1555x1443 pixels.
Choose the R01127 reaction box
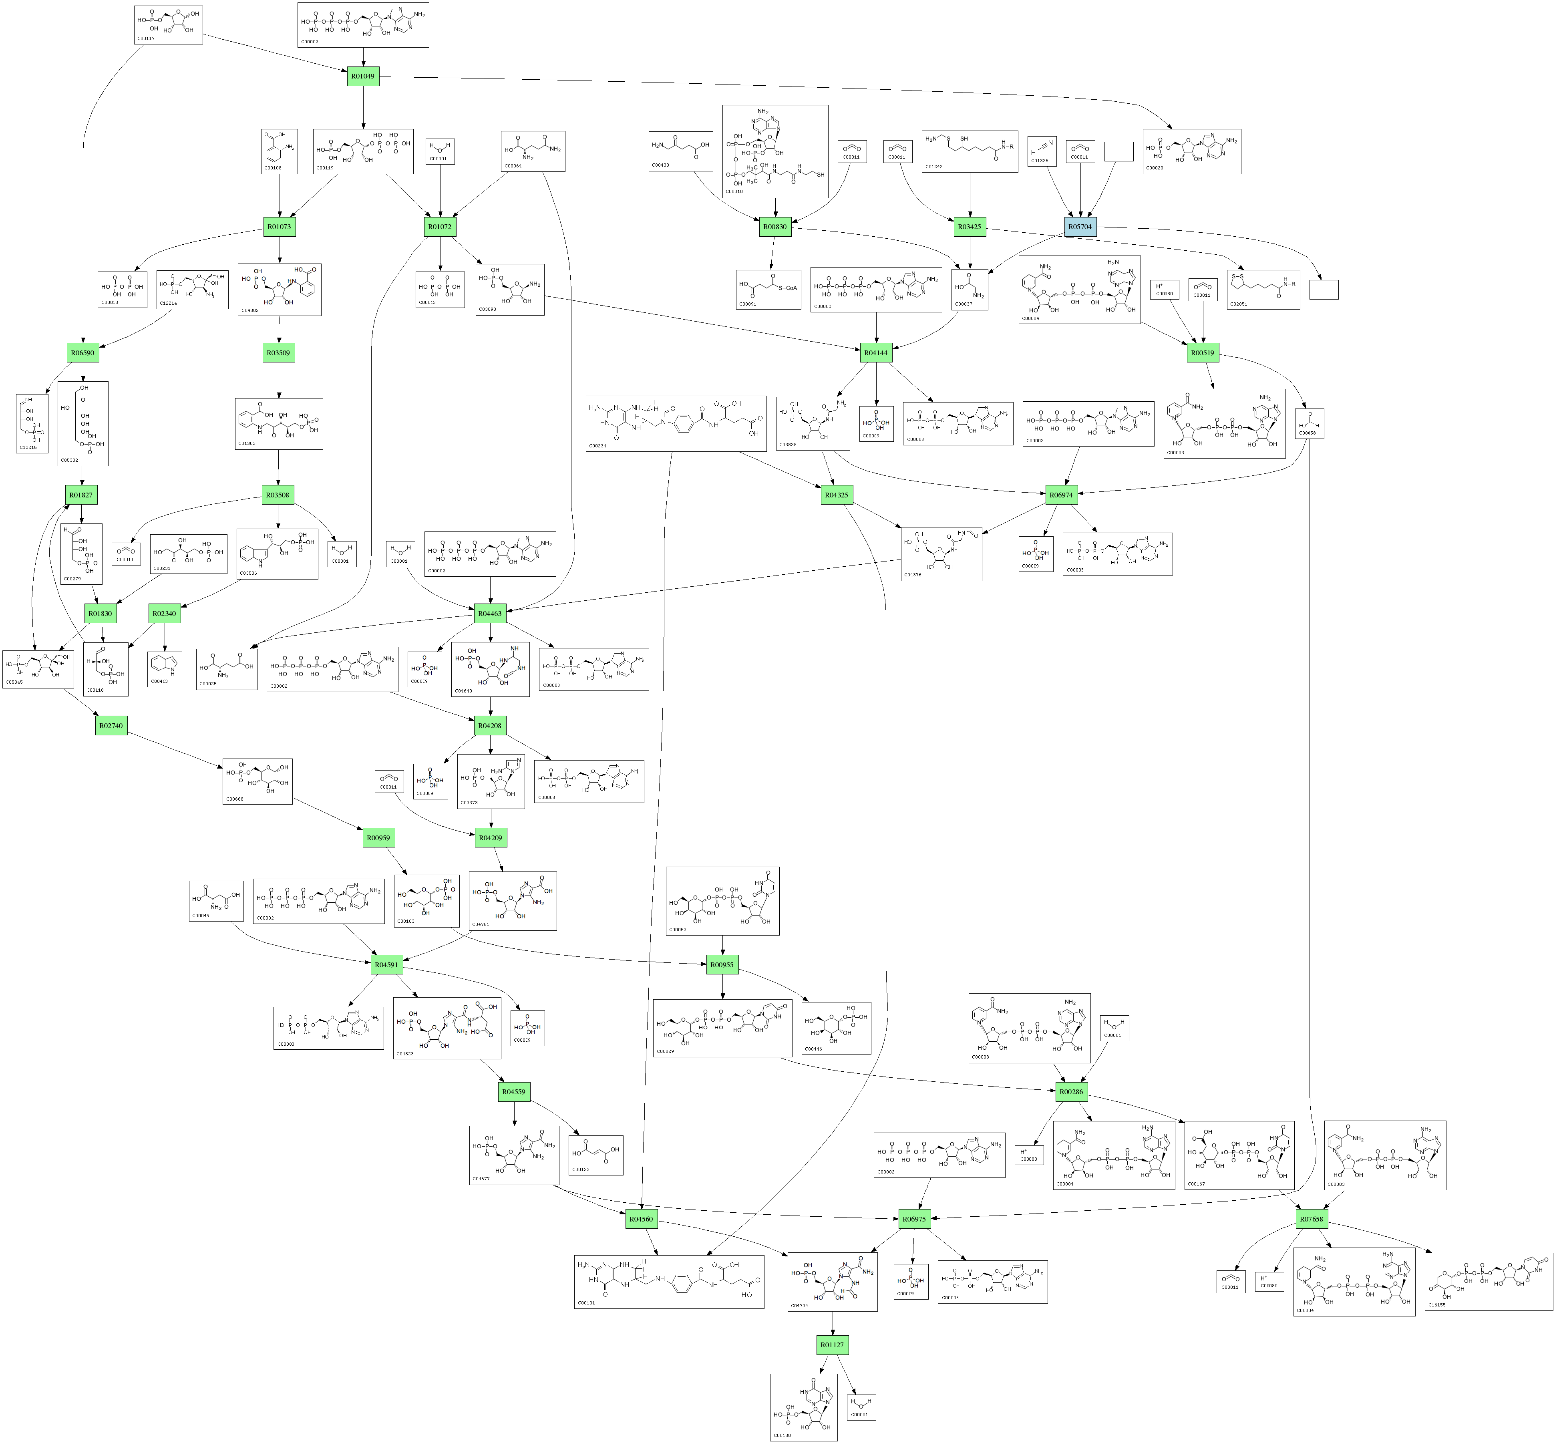coord(832,1344)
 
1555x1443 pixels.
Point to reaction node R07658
coord(1312,1219)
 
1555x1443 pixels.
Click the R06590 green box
coord(83,353)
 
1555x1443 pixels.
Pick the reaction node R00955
coord(722,964)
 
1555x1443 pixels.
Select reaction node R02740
coord(111,725)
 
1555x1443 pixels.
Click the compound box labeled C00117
coord(168,24)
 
